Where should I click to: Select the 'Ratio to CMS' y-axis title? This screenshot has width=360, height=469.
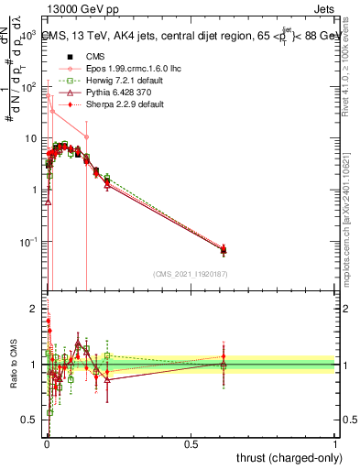(15, 365)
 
